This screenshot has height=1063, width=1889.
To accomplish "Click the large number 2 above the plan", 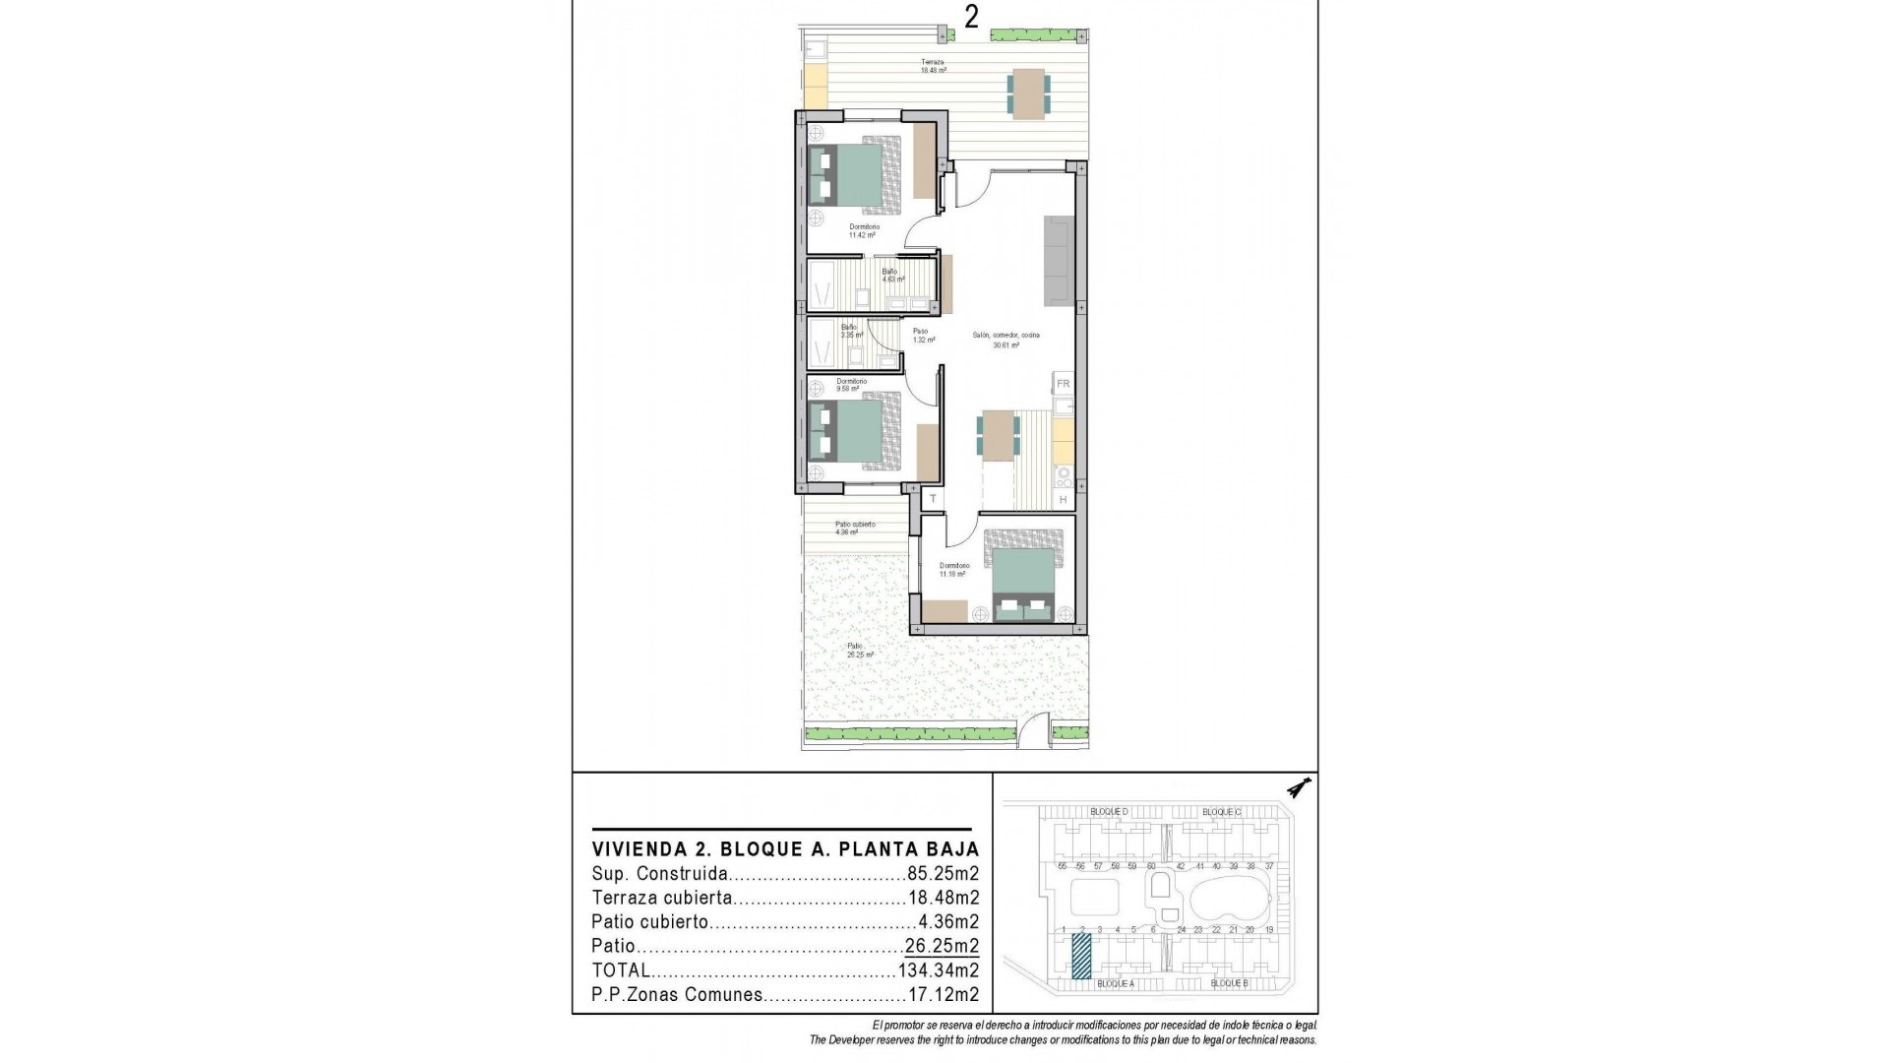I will [971, 17].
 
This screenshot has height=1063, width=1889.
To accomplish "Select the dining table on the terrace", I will [1028, 94].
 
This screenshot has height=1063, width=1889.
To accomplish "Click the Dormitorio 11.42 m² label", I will [863, 231].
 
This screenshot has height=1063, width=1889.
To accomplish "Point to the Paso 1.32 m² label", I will [922, 336].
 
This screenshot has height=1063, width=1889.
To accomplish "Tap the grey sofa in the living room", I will [1059, 261].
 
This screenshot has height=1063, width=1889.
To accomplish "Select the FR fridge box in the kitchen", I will [1063, 384].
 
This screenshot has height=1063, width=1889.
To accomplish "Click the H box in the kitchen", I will [1063, 500].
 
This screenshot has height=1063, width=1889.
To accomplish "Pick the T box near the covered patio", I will [933, 500].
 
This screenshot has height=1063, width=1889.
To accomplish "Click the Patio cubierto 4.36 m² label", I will [854, 529].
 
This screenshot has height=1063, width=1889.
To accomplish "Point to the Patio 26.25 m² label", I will [859, 651].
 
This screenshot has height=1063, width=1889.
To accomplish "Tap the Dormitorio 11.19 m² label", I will [953, 570].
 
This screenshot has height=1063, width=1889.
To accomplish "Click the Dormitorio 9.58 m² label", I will [851, 385].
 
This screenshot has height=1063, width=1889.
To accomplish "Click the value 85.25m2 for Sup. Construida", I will [943, 874].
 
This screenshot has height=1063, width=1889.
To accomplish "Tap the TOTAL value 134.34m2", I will [939, 970].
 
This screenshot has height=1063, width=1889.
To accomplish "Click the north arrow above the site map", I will [1300, 787].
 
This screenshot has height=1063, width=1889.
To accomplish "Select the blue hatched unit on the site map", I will [1081, 956].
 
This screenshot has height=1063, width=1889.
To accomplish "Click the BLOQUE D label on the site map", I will [1109, 812].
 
